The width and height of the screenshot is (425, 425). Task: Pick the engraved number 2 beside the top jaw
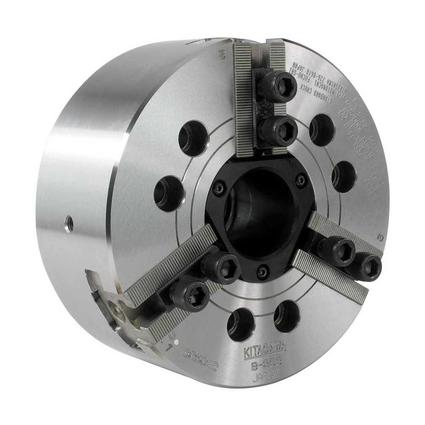click(x=221, y=54)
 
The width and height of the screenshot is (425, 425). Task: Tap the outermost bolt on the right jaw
click(x=366, y=266)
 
